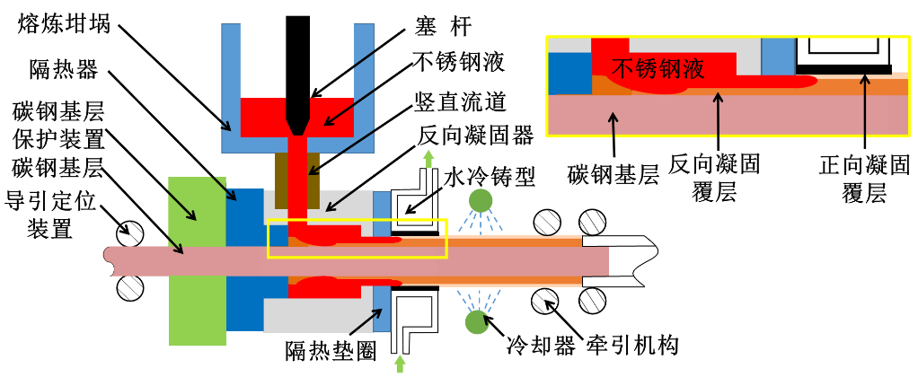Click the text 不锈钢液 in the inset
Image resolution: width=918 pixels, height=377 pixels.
pyautogui.click(x=658, y=69)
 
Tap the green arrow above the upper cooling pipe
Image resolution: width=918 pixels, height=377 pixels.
pyautogui.click(x=428, y=159)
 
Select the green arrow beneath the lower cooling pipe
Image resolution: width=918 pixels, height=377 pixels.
pyautogui.click(x=400, y=364)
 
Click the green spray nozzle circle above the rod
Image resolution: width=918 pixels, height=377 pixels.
pyautogui.click(x=481, y=200)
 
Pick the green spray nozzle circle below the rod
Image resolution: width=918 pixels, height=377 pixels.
pyautogui.click(x=477, y=321)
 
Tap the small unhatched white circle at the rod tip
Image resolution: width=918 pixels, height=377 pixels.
pyautogui.click(x=108, y=269)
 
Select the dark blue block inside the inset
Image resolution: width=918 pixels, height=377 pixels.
pyautogui.click(x=569, y=73)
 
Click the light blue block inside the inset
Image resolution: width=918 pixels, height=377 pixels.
pyautogui.click(x=778, y=56)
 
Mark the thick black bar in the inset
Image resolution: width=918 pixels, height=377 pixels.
pyautogui.click(x=843, y=69)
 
